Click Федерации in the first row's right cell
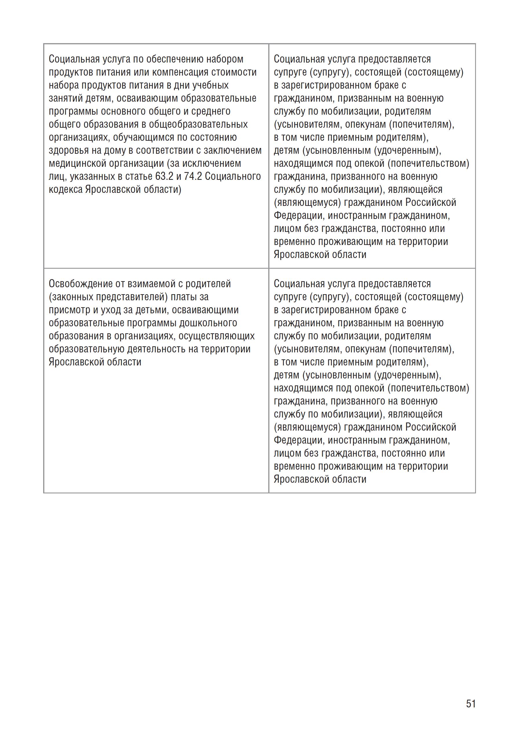pos(299,216)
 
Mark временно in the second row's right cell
pos(295,466)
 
